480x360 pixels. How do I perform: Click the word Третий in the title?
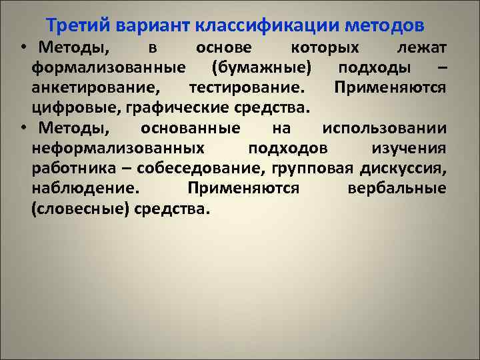tap(78, 25)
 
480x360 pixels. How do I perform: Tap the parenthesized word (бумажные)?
tap(261, 67)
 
